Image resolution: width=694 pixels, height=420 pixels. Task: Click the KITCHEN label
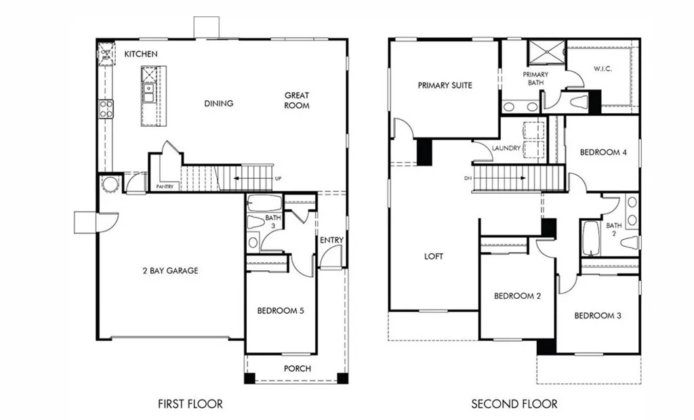coord(141,54)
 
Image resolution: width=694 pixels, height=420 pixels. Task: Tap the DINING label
coord(218,104)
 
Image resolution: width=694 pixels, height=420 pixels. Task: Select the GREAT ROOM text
coord(297,100)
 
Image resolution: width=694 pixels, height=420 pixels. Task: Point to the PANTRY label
coord(165,185)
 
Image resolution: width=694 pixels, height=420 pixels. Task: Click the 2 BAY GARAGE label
coord(170,270)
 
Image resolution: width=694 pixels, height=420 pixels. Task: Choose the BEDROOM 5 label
coord(280,311)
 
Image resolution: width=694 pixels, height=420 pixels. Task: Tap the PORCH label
coord(298,369)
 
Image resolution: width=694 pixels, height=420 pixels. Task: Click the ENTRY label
coord(331,240)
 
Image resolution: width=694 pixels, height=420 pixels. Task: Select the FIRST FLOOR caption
coord(190,404)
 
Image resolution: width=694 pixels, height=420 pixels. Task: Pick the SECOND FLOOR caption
coord(514,404)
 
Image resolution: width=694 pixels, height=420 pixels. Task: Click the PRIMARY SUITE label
coord(445,85)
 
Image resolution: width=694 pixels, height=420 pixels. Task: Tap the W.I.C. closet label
coord(603,68)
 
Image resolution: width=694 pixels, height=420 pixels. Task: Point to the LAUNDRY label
coord(507,148)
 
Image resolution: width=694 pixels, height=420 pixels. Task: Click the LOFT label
coord(433,256)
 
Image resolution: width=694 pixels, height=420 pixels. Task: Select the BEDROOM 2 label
coord(516,296)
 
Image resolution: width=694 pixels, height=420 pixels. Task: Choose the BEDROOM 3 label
coord(598,316)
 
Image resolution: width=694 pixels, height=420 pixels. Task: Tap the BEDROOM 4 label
coord(603,152)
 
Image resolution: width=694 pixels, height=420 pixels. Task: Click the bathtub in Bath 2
coord(590,238)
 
